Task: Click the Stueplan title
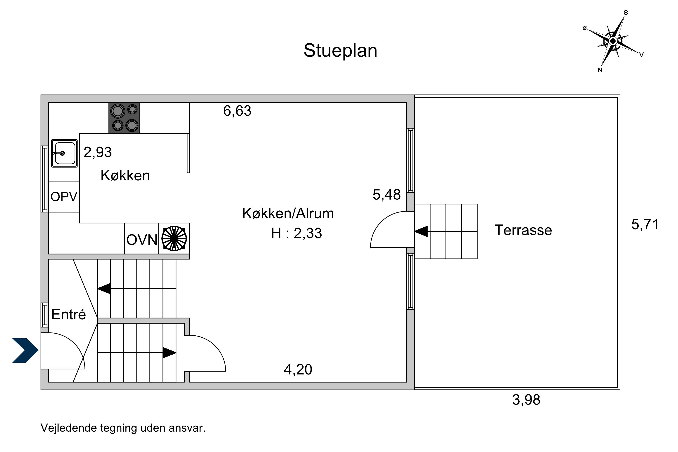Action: [x=340, y=51]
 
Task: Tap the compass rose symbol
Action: [x=613, y=41]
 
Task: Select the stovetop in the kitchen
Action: [x=124, y=118]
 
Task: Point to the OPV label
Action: [x=64, y=197]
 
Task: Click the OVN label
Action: [x=142, y=240]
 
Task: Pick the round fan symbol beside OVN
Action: [x=174, y=238]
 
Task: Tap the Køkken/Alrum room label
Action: [x=288, y=213]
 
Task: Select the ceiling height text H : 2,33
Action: [x=296, y=233]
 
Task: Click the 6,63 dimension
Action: [x=237, y=111]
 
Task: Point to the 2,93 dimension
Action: [x=98, y=152]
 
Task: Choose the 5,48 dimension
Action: [x=386, y=195]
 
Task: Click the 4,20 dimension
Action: [x=298, y=370]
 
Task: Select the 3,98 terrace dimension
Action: [x=526, y=400]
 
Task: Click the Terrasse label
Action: [x=523, y=230]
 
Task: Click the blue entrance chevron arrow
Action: [x=25, y=350]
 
